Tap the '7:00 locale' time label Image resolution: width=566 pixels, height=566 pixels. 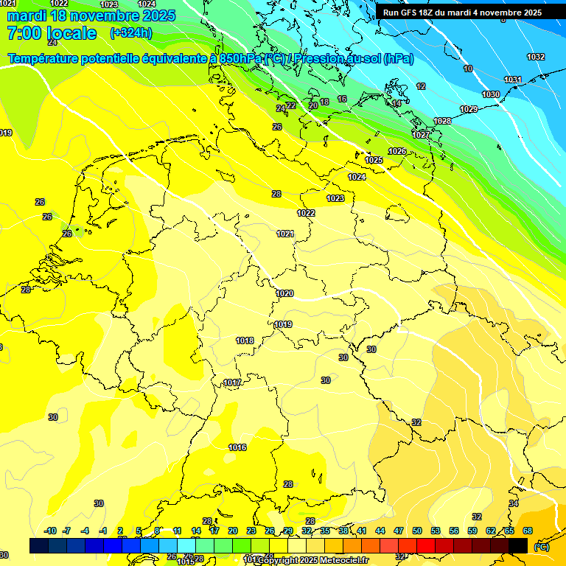tap(51, 33)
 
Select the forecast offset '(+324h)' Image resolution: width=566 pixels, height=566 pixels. tap(131, 33)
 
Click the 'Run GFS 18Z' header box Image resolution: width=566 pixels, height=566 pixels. tap(462, 13)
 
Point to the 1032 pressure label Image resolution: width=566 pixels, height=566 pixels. tap(536, 57)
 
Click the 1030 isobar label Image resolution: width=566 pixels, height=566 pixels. tap(491, 94)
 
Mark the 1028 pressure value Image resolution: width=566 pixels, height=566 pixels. tap(442, 121)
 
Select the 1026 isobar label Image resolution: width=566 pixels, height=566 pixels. tap(397, 151)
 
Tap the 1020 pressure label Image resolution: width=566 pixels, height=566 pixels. tap(284, 293)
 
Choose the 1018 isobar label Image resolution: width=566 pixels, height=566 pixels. tap(245, 340)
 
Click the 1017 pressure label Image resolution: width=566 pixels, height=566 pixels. tap(232, 382)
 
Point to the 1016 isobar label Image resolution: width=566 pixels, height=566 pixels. tap(237, 447)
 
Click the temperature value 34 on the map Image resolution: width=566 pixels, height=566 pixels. tap(514, 503)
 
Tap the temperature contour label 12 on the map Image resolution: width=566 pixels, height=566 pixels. tap(421, 86)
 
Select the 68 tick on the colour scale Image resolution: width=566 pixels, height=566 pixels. tap(528, 531)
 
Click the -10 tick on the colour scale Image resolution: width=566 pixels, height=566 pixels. tap(50, 531)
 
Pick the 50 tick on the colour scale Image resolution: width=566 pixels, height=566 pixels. tap(417, 531)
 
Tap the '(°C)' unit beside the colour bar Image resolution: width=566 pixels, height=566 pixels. tap(541, 546)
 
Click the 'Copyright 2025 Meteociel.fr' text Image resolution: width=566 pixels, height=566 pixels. tap(310, 560)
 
